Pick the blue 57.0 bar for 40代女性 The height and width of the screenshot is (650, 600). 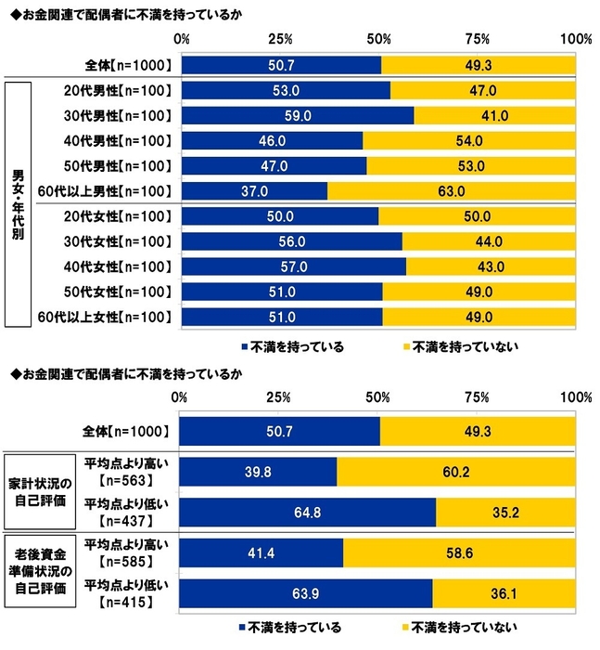(x=293, y=266)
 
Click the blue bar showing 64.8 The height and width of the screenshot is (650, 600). (x=306, y=513)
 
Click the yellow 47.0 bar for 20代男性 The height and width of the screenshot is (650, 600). (x=483, y=91)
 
